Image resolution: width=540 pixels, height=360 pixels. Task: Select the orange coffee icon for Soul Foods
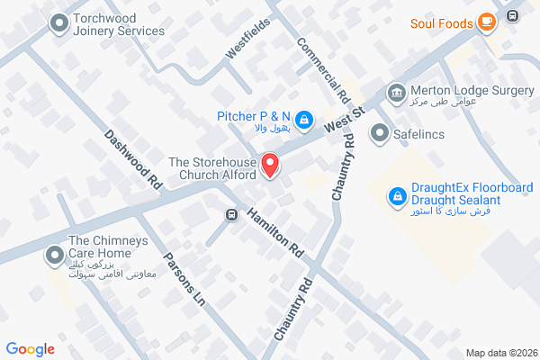pos(486,22)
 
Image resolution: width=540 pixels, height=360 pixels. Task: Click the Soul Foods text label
pos(440,22)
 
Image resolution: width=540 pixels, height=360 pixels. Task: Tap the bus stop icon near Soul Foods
pos(512,15)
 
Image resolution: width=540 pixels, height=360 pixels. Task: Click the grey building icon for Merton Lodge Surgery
pos(395,92)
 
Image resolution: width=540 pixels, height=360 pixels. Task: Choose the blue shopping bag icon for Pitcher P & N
pos(305,118)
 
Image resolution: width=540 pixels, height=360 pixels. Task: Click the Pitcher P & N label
pos(254,116)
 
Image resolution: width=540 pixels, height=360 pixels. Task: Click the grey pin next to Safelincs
pos(379,134)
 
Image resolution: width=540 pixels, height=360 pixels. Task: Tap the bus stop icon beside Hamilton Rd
pos(231,215)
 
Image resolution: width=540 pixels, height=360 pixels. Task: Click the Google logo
pos(31,349)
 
